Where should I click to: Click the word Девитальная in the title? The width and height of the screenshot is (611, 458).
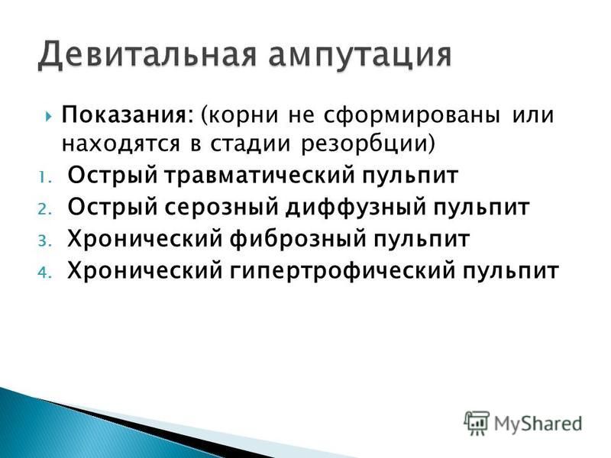(147, 54)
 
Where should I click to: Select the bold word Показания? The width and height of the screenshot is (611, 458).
(127, 115)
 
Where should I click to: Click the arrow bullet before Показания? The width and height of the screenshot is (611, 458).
(48, 116)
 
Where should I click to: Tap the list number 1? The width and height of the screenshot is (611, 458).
(44, 178)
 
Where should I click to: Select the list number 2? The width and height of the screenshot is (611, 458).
(45, 209)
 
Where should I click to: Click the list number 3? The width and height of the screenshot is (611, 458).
(45, 241)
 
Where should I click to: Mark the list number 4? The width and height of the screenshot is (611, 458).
(45, 273)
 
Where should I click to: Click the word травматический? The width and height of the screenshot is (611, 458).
(259, 176)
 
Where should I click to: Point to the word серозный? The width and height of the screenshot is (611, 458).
(221, 208)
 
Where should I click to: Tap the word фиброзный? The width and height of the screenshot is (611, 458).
(298, 240)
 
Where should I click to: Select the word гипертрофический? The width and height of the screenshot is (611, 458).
(342, 272)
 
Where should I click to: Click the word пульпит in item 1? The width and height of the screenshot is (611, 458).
(410, 176)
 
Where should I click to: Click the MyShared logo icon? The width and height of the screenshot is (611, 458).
(477, 423)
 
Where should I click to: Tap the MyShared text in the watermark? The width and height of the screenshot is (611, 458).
(538, 424)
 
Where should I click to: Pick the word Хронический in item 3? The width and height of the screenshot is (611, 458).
(144, 240)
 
